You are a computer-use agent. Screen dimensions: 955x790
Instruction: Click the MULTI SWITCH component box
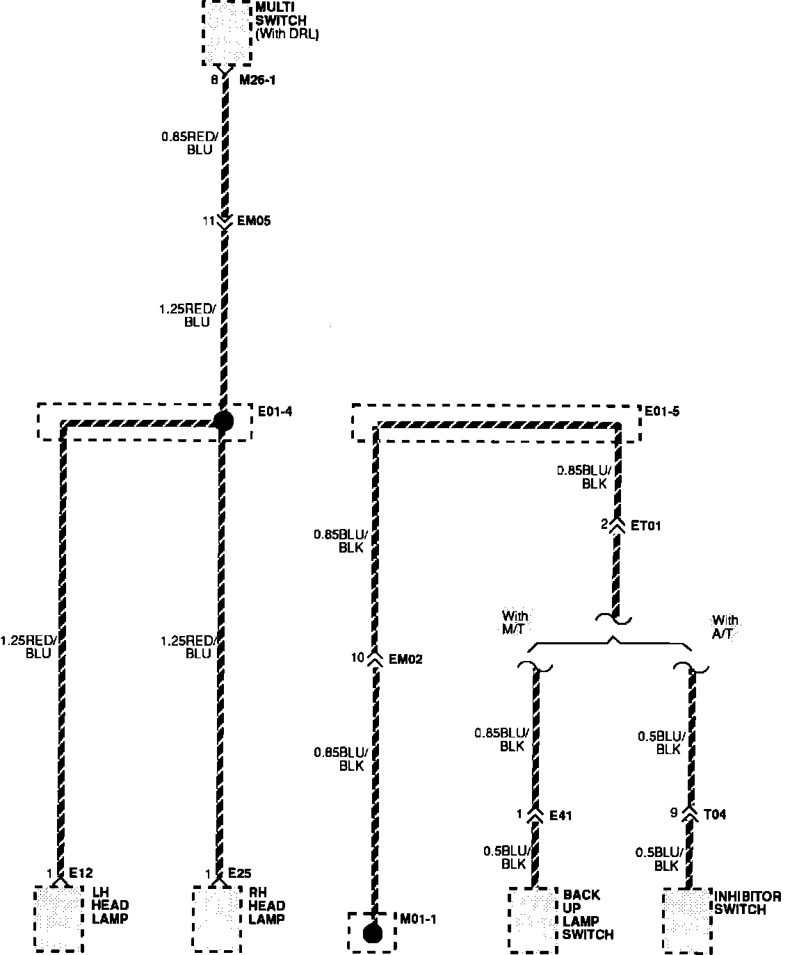click(x=227, y=31)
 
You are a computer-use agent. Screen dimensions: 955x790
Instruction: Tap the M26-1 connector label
click(x=258, y=81)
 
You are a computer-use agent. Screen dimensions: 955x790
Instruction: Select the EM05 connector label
click(x=254, y=222)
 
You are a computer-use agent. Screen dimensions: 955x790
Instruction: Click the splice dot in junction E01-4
click(x=223, y=421)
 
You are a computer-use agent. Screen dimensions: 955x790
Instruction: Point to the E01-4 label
click(x=275, y=411)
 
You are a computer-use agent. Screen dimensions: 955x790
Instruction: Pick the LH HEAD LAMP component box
click(x=58, y=918)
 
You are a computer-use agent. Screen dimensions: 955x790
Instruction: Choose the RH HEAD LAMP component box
click(x=217, y=918)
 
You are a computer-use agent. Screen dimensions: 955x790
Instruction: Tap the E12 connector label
click(x=80, y=874)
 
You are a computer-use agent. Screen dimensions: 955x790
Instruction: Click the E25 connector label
click(x=239, y=874)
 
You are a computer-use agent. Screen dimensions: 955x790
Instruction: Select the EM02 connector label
click(x=405, y=659)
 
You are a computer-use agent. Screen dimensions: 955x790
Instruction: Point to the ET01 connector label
click(x=645, y=525)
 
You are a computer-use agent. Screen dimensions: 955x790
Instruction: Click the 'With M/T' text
click(x=515, y=621)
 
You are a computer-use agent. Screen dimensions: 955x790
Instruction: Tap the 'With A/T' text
click(x=725, y=626)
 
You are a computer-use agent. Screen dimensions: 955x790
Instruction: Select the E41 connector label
click(x=561, y=815)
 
